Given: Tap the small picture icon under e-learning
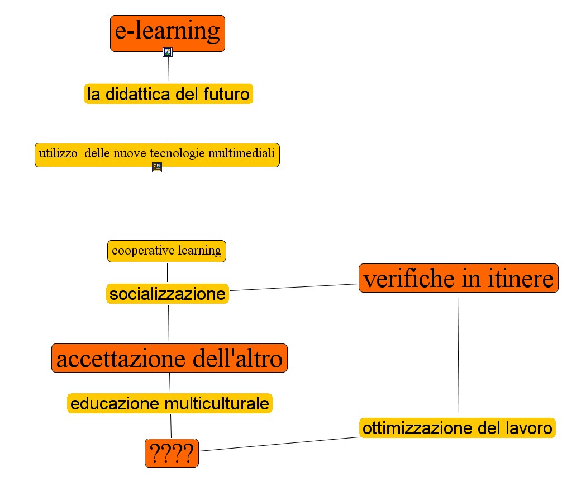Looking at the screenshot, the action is click(168, 52).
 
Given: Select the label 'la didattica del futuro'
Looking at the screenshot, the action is click(168, 94).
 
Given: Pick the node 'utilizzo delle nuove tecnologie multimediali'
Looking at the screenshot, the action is click(157, 154).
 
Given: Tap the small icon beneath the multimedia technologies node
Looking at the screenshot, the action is click(157, 167).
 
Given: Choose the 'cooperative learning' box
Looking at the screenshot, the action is click(166, 251).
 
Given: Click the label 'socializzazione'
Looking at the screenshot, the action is click(168, 294).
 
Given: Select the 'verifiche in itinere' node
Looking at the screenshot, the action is click(458, 278).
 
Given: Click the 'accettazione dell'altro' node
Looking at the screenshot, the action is click(169, 358).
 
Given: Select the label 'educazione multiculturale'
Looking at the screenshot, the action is click(170, 403).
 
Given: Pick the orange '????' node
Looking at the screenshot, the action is click(172, 454).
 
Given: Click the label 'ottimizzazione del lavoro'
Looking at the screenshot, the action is click(457, 429).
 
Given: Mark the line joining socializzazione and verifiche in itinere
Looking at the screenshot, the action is click(294, 288).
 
